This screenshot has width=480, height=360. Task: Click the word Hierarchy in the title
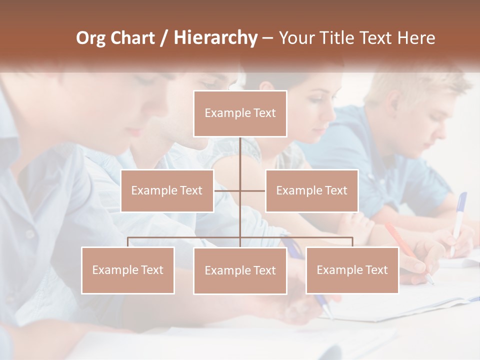click(x=215, y=38)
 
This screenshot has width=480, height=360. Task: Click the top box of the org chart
click(x=240, y=113)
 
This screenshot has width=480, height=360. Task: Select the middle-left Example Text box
click(x=167, y=190)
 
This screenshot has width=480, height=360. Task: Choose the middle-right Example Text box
click(x=311, y=190)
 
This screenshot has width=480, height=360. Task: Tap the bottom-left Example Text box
click(x=128, y=270)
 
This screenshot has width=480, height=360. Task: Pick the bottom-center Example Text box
click(x=240, y=270)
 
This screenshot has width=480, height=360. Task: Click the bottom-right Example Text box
click(x=352, y=270)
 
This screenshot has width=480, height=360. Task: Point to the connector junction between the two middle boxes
click(x=240, y=190)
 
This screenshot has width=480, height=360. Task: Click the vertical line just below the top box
click(x=240, y=150)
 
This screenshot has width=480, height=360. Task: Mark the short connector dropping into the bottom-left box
click(x=128, y=242)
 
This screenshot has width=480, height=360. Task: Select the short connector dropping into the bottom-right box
click(x=352, y=242)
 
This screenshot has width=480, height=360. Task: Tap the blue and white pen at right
click(x=458, y=220)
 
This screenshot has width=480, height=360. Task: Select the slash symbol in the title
click(x=163, y=38)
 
